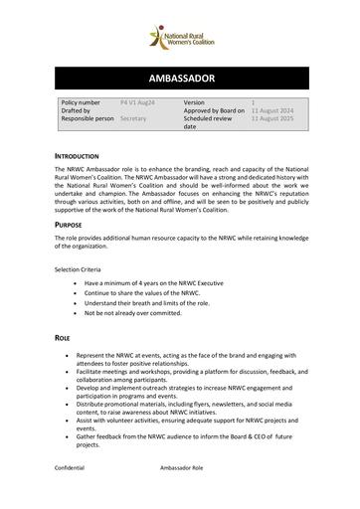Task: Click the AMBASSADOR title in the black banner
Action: click(x=179, y=79)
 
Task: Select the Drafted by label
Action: click(x=80, y=109)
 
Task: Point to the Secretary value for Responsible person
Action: click(x=134, y=117)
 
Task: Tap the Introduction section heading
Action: click(x=77, y=156)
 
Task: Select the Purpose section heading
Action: click(x=69, y=225)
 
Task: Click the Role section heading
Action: click(x=63, y=338)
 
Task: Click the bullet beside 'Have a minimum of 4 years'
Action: click(x=76, y=283)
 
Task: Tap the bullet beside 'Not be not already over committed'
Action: click(x=76, y=313)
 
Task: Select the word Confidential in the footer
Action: click(x=71, y=466)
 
